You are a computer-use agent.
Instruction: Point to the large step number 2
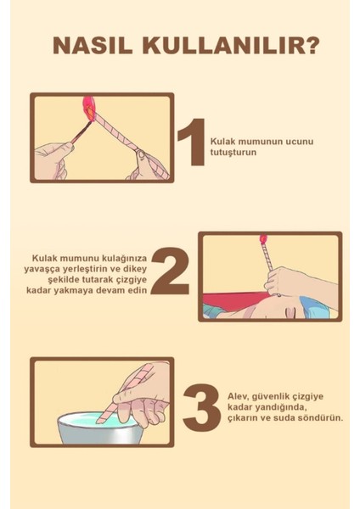pos(173,271)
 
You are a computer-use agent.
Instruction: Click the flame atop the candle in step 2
pos(263,240)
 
